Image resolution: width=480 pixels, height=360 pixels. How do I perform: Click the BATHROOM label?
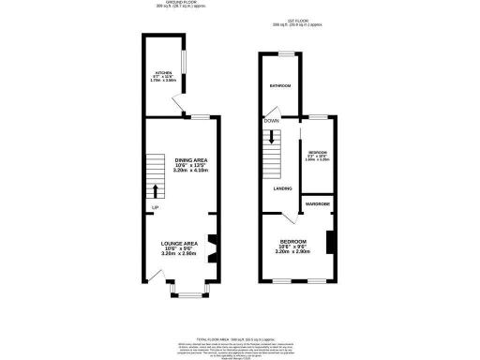pyautogui.click(x=280, y=86)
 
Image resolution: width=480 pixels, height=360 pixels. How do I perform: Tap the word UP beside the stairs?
pyautogui.click(x=155, y=207)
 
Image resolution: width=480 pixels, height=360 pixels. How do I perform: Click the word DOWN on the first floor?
pyautogui.click(x=271, y=121)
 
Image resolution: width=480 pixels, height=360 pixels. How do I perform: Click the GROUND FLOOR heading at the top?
pyautogui.click(x=183, y=5)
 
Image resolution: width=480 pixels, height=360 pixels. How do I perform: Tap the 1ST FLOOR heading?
pyautogui.click(x=298, y=23)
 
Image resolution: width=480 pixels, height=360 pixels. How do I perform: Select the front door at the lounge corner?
pyautogui.click(x=151, y=277)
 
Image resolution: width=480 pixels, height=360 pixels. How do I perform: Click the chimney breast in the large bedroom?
pyautogui.click(x=328, y=241)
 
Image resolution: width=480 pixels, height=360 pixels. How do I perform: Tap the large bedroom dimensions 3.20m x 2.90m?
pyautogui.click(x=293, y=252)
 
